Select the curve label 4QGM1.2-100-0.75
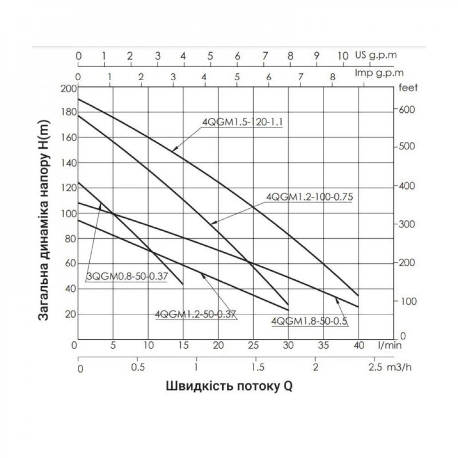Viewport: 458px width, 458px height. (311, 197)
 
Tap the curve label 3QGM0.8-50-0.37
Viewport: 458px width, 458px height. (127, 277)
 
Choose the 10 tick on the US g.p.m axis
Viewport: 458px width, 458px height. (343, 56)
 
